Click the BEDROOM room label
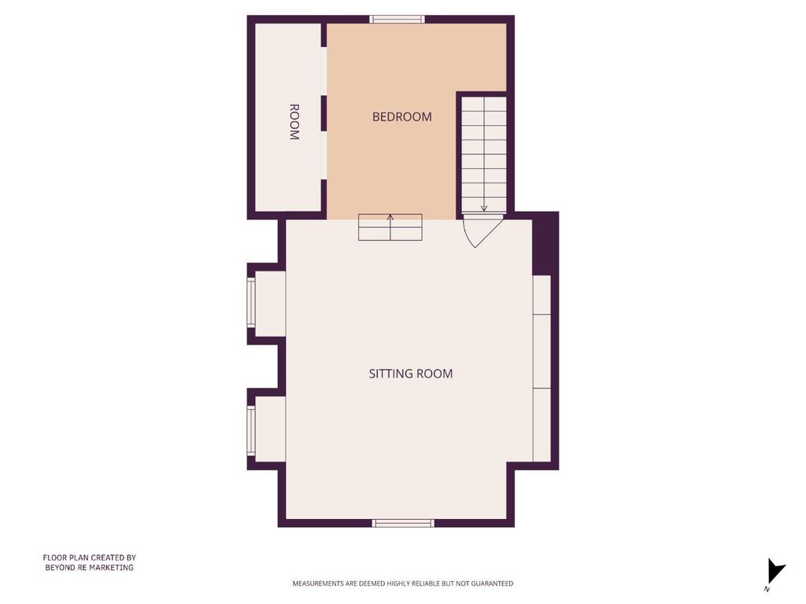[x=402, y=117]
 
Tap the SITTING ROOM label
[x=411, y=374]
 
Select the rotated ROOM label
[x=294, y=122]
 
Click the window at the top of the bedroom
[x=397, y=20]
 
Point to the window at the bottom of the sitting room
[x=403, y=523]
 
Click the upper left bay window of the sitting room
[x=251, y=303]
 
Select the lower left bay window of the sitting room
[x=251, y=430]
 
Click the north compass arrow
[x=776, y=571]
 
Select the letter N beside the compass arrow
[x=767, y=589]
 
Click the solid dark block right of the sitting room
[x=545, y=244]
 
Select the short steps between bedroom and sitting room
[x=390, y=227]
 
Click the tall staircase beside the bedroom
[x=484, y=154]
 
